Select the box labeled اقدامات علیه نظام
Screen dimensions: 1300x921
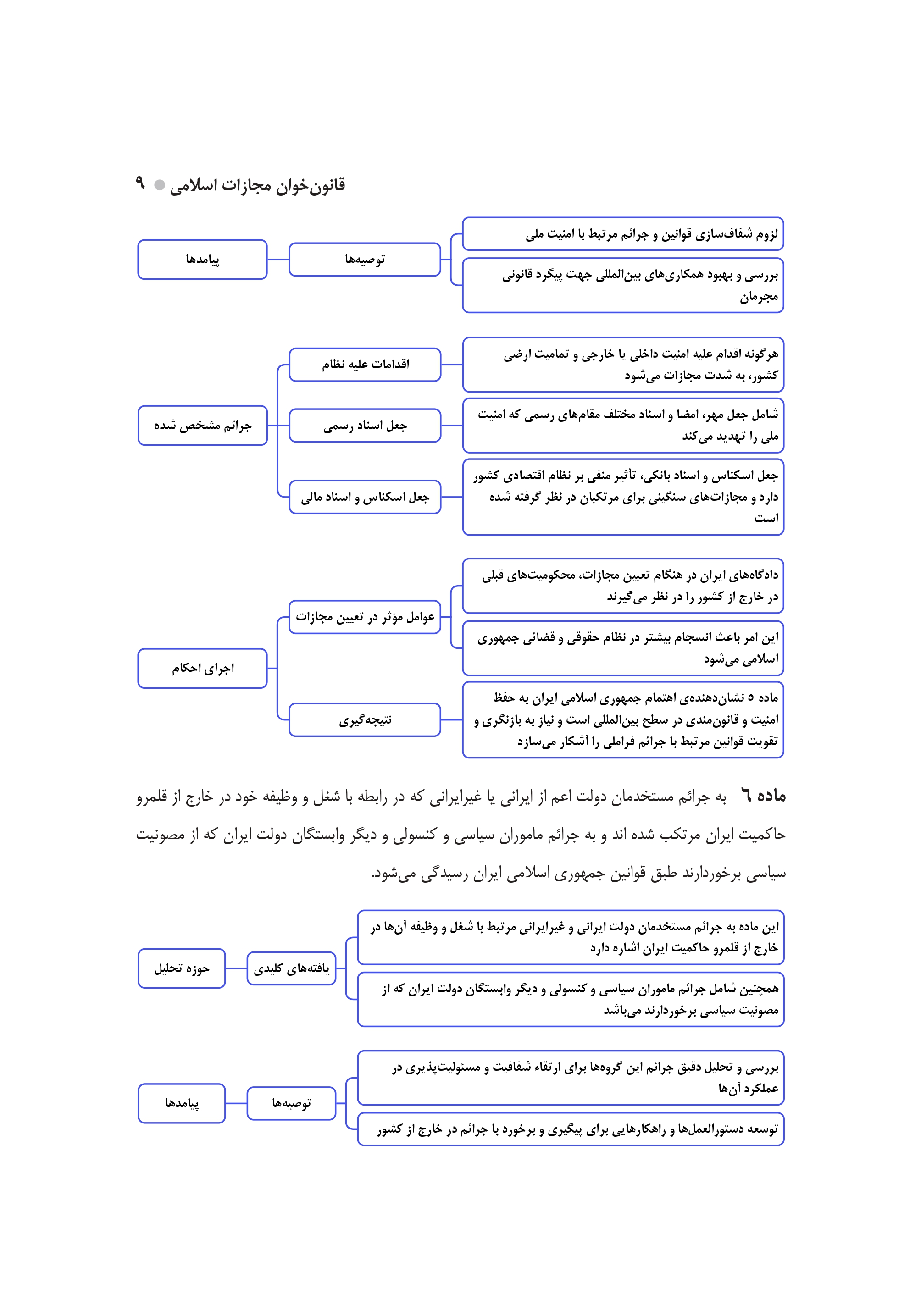click(365, 365)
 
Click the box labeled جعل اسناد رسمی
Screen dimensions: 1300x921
click(365, 425)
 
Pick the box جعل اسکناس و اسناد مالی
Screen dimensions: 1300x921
click(365, 497)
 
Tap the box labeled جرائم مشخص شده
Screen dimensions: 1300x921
click(202, 425)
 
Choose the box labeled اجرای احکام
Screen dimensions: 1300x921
click(202, 669)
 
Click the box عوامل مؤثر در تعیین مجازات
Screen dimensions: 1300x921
click(365, 617)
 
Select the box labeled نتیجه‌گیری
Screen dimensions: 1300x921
click(365, 720)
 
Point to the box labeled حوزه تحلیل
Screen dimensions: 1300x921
click(182, 968)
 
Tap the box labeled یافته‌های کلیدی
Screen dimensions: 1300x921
click(292, 968)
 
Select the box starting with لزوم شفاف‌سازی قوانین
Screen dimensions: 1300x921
click(623, 233)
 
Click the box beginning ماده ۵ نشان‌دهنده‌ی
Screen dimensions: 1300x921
click(623, 720)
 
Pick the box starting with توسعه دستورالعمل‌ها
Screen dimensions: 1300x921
click(571, 1129)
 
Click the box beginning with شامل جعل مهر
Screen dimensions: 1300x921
click(623, 425)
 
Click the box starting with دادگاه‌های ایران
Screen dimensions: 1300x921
click(623, 586)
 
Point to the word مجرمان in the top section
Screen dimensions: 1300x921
click(758, 297)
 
